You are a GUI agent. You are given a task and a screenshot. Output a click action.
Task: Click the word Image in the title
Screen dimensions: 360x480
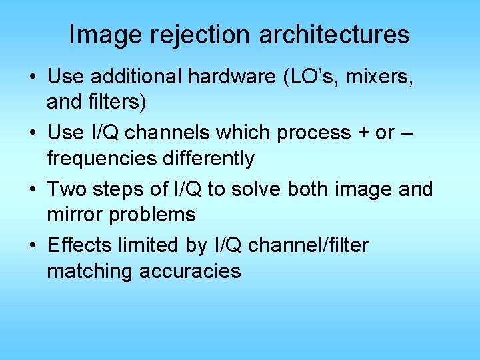101,35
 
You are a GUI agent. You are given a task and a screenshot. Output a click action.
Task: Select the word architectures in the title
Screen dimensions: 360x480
335,35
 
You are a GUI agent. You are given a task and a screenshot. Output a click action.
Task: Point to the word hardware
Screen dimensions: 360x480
233,77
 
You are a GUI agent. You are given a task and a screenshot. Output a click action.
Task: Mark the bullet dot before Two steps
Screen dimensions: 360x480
33,190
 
